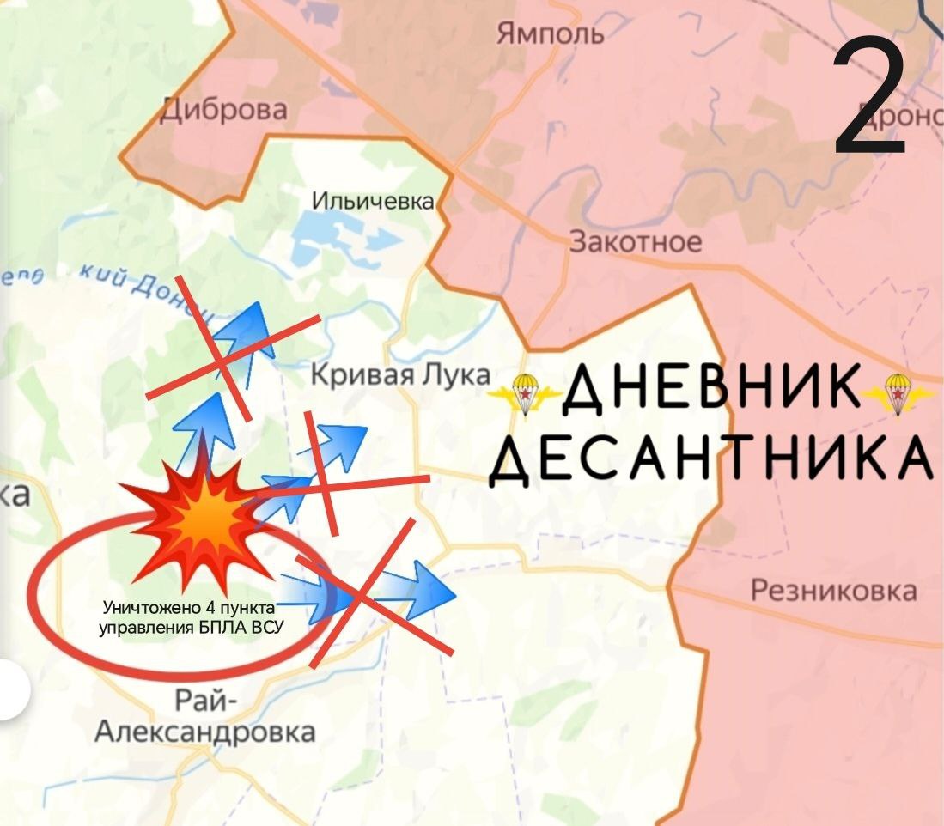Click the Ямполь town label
click(x=551, y=33)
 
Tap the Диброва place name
click(x=224, y=110)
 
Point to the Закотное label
click(x=636, y=242)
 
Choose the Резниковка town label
click(x=833, y=591)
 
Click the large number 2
click(x=870, y=97)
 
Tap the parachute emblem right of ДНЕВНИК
click(x=898, y=394)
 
